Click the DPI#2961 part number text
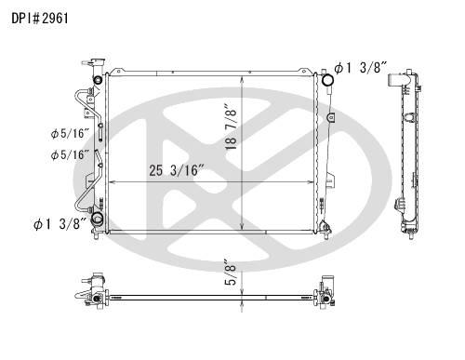point(40,19)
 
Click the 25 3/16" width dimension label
point(177,170)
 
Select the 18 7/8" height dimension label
point(232,127)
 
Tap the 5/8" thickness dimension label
point(232,272)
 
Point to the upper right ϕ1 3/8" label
point(361,68)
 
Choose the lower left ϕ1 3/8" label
point(60,224)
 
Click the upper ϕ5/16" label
point(70,134)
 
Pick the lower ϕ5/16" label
point(70,154)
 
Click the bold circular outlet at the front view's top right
point(327,80)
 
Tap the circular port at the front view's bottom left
point(98,219)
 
